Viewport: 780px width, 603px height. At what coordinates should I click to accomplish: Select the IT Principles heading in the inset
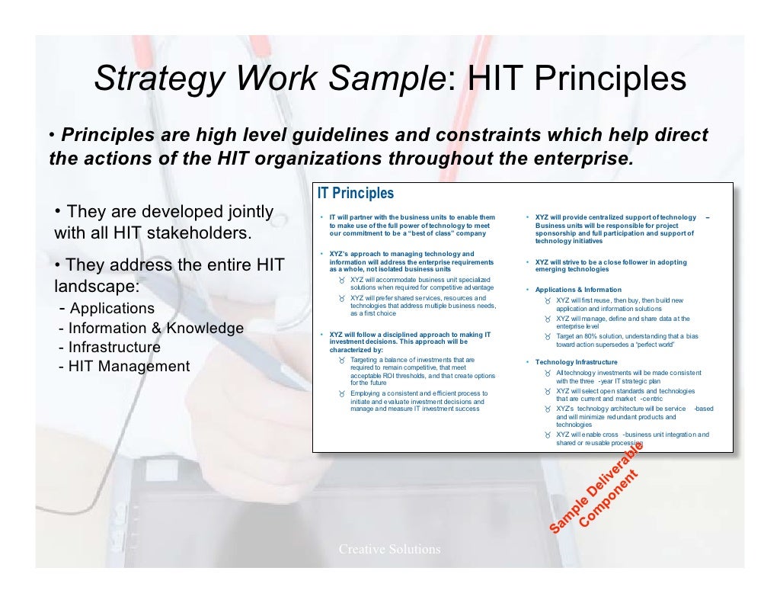tap(356, 194)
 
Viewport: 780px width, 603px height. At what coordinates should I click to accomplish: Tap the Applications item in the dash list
tap(111, 309)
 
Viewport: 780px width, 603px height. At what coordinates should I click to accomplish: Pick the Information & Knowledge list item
tap(155, 329)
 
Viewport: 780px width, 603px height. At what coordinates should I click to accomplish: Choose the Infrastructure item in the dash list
tap(114, 348)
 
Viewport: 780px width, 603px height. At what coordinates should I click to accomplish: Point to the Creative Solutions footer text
tap(389, 549)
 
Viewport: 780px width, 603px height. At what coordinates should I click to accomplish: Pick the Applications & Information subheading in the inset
tap(578, 290)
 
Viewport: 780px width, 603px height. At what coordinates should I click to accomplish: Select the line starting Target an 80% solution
tap(627, 336)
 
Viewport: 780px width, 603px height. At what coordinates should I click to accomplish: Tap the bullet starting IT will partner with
tap(412, 218)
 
